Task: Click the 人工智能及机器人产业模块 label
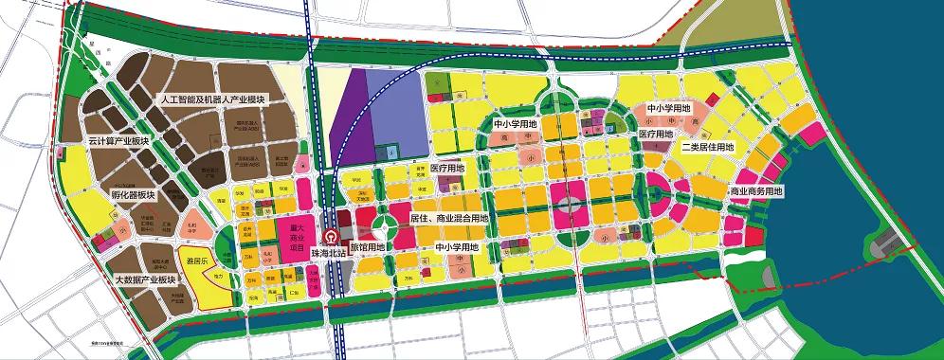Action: pyautogui.click(x=216, y=100)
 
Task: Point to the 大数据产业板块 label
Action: pyautogui.click(x=145, y=279)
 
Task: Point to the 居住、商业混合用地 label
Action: pyautogui.click(x=448, y=218)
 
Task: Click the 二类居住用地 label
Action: pyautogui.click(x=706, y=148)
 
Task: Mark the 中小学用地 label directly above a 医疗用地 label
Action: pyautogui.click(x=667, y=110)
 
